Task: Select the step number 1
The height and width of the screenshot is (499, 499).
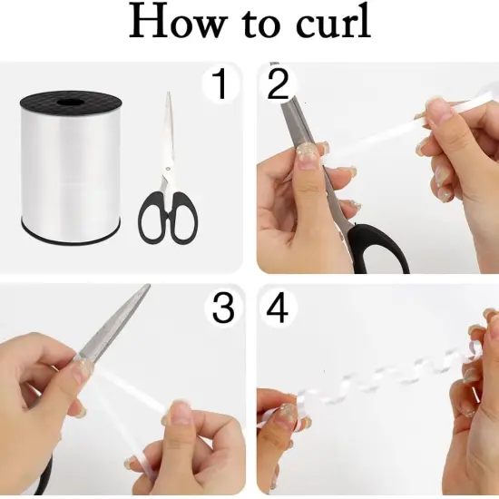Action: [219, 85]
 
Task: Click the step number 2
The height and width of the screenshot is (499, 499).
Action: [278, 85]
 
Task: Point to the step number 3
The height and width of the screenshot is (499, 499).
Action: [223, 308]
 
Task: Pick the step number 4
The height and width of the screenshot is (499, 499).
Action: [278, 308]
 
